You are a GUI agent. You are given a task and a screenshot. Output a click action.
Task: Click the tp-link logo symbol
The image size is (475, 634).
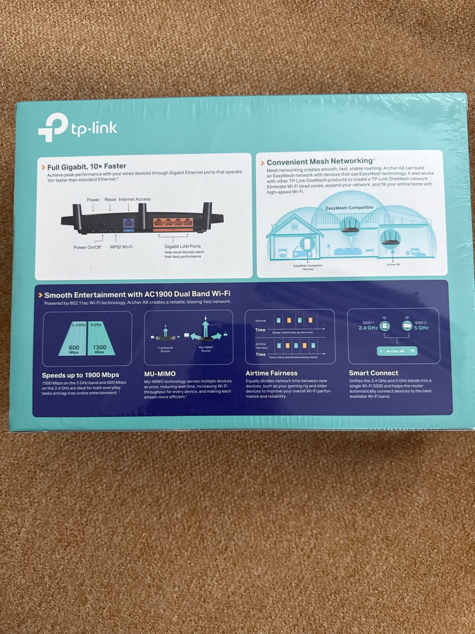pyautogui.click(x=52, y=127)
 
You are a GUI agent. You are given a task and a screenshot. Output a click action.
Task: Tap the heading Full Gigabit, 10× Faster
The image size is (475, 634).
pyautogui.click(x=87, y=166)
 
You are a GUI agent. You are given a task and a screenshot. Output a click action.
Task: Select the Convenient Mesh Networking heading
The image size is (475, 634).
pyautogui.click(x=320, y=161)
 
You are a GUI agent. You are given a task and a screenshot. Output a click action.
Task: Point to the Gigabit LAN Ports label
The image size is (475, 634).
pyautogui.click(x=183, y=246)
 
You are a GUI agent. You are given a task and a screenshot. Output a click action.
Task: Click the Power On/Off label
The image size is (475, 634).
pyautogui.click(x=87, y=247)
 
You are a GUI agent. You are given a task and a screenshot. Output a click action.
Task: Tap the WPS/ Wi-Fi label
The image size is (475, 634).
pyautogui.click(x=121, y=247)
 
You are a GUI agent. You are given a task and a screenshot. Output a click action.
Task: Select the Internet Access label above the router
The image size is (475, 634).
pyautogui.click(x=135, y=199)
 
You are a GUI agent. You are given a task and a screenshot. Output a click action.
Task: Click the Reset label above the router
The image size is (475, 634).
pyautogui.click(x=110, y=199)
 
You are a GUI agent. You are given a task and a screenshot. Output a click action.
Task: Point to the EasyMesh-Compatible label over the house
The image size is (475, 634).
pyautogui.click(x=349, y=208)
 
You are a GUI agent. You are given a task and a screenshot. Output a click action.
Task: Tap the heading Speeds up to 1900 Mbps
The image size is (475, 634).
pyautogui.click(x=80, y=375)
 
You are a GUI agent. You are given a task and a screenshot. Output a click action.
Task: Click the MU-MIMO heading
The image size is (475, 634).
pyautogui.click(x=159, y=373)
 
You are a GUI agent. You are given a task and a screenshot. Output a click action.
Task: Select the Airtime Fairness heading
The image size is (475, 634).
pyautogui.click(x=272, y=373)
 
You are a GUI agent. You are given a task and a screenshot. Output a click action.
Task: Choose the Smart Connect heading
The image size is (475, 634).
pyautogui.click(x=373, y=372)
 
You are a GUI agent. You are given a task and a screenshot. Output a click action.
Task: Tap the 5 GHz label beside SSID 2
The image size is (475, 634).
pyautogui.click(x=422, y=328)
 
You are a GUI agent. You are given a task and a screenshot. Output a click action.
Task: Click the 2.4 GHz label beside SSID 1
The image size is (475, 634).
pyautogui.click(x=368, y=328)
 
